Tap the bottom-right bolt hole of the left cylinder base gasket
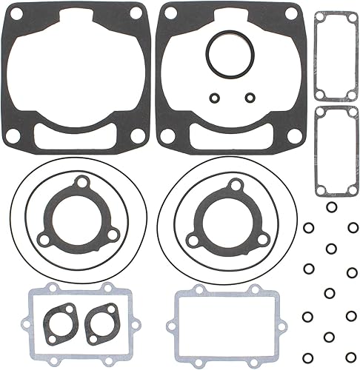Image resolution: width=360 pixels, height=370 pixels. (x=139, y=136)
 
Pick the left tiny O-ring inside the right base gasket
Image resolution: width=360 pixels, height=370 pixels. (x=215, y=96)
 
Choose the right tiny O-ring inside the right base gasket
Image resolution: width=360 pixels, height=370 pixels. (x=250, y=96)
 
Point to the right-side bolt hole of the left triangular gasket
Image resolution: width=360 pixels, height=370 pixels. (x=111, y=233)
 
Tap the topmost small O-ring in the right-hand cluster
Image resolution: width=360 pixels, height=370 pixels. (x=331, y=207)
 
